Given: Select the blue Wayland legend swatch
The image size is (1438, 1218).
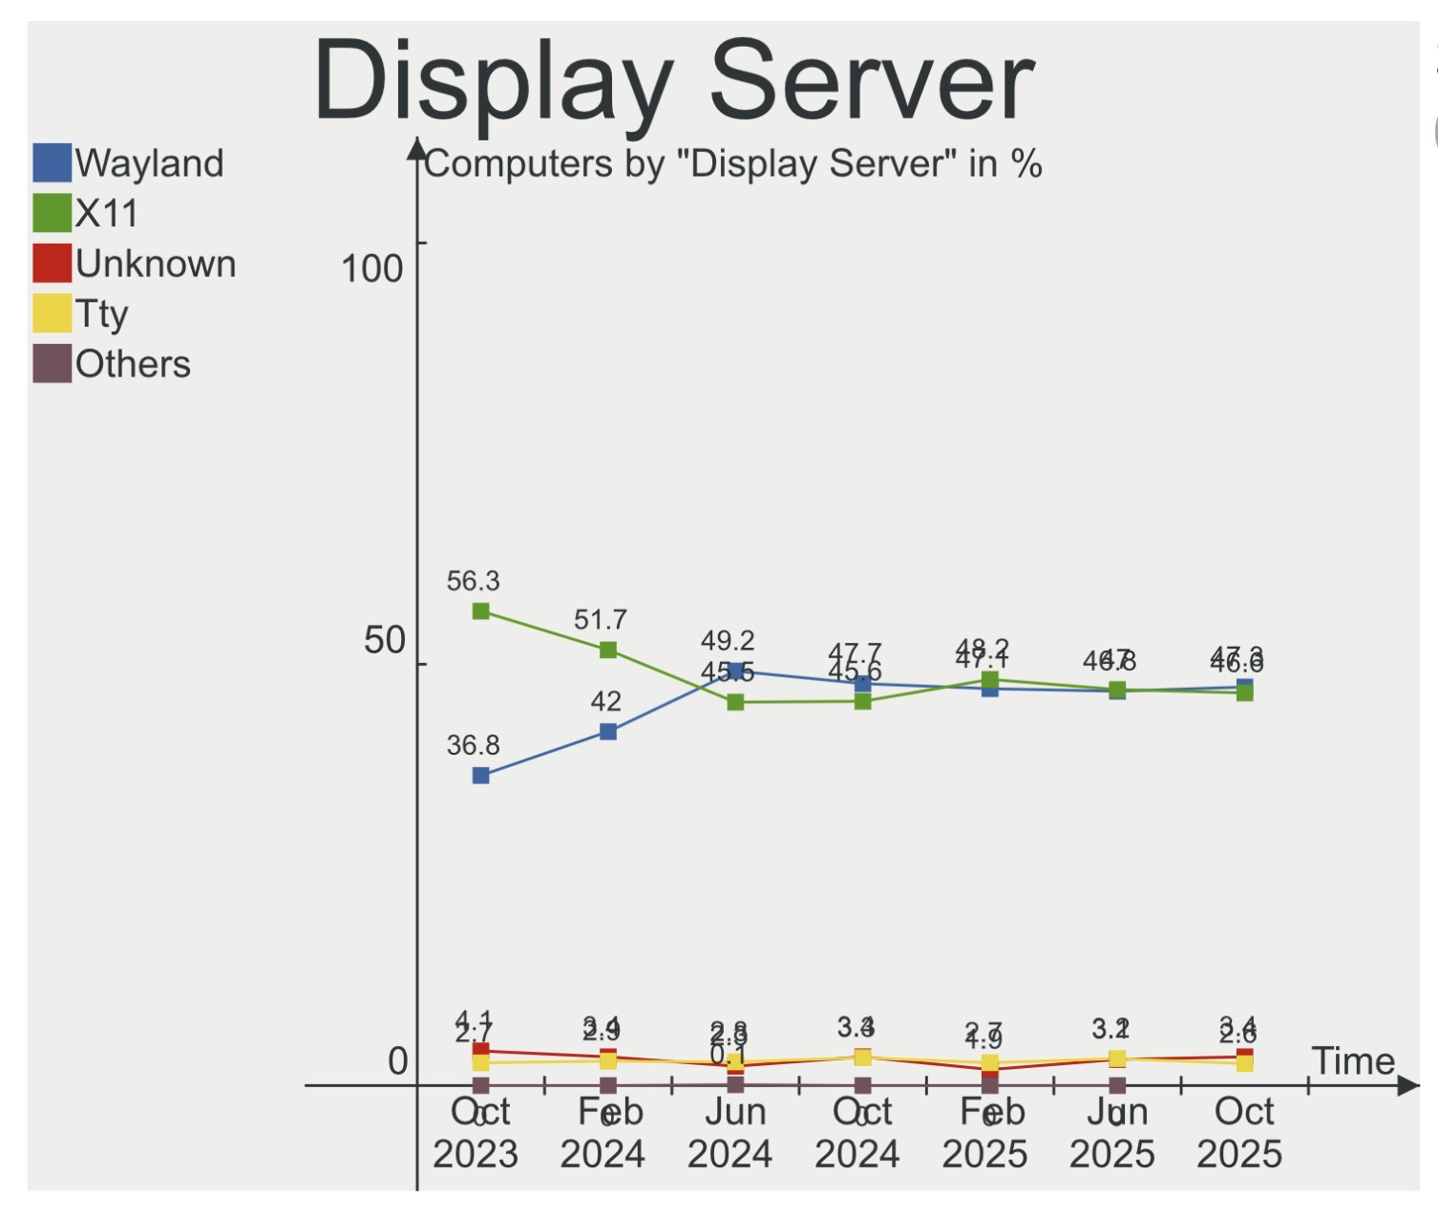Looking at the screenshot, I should [x=53, y=163].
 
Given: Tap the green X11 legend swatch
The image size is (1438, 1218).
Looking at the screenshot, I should [x=53, y=213].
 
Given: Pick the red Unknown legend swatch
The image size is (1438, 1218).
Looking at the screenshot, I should [x=53, y=264].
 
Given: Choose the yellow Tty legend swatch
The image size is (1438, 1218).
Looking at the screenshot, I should [x=53, y=313].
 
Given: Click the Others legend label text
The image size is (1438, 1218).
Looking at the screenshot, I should [x=133, y=364].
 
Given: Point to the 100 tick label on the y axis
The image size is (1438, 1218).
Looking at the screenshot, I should [x=371, y=268].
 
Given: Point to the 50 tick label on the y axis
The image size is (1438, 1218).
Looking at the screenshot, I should [x=385, y=640].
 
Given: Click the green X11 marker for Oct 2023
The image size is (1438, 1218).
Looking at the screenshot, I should [x=481, y=611].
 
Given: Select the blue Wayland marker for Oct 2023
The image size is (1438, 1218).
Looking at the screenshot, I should [x=481, y=776].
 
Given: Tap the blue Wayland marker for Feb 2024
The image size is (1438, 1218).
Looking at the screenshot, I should [x=608, y=732].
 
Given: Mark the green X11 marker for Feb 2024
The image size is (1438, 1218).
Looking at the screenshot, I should [x=608, y=651].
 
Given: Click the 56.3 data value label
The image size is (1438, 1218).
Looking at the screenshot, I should [x=473, y=581].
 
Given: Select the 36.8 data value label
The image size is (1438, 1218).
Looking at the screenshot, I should [x=473, y=745].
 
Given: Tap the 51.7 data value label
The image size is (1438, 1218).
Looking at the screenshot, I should [x=600, y=620].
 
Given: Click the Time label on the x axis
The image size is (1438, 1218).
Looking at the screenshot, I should [x=1353, y=1061].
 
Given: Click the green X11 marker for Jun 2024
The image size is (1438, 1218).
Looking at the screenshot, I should [x=735, y=702].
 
